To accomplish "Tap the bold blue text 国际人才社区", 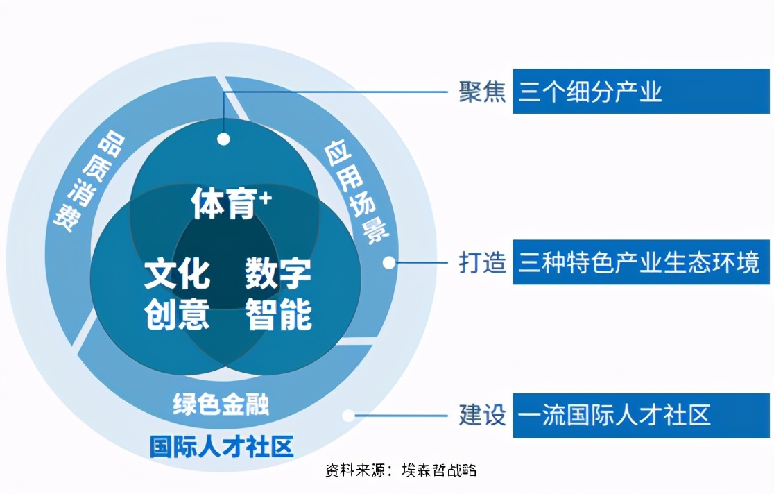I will click(221, 446).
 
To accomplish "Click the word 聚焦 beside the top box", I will click(481, 92).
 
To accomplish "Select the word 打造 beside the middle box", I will click(481, 262).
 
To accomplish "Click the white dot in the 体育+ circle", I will click(223, 139).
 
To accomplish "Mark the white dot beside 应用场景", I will click(389, 263).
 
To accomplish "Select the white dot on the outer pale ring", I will click(349, 416).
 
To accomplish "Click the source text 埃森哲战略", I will click(438, 470).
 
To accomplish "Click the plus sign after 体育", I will click(265, 198).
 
